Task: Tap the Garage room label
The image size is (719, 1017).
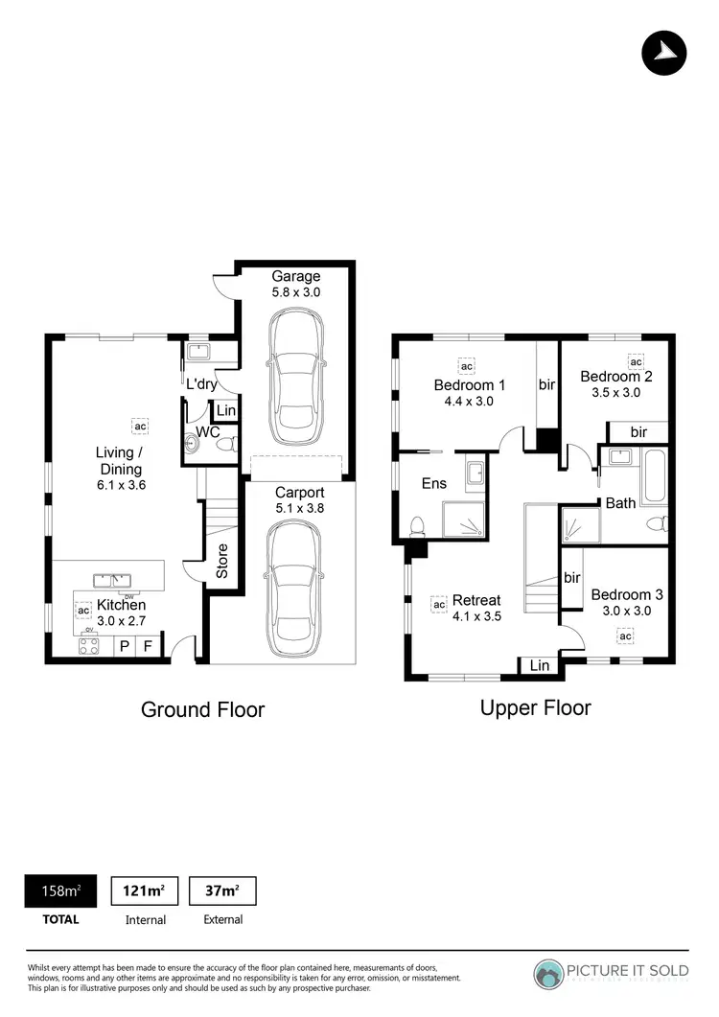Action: tap(295, 277)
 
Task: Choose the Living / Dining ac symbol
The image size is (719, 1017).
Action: tap(140, 426)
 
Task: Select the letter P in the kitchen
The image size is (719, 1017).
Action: tap(124, 646)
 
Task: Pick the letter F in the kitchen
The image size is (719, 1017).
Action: tap(148, 646)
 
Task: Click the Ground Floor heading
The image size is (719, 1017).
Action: tap(202, 709)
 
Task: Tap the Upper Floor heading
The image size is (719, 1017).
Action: tap(535, 707)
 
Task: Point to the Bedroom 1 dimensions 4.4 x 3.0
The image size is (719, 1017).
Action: tap(469, 402)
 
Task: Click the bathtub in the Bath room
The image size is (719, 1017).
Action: tap(655, 476)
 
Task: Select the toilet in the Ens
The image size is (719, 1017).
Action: tap(418, 525)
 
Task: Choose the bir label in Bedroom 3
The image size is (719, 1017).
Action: tap(572, 578)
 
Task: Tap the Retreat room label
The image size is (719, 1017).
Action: tap(477, 601)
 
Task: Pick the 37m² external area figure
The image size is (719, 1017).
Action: tap(222, 891)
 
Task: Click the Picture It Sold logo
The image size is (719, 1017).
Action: tap(612, 972)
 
